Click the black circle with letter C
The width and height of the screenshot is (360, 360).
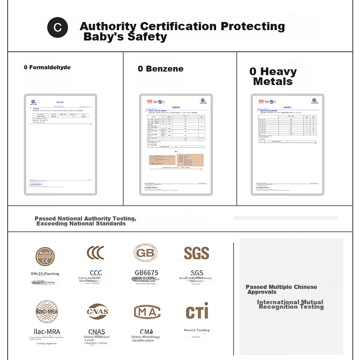pos(58,28)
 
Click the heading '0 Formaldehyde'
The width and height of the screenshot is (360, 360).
pos(47,67)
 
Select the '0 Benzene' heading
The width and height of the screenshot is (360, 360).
pos(161,69)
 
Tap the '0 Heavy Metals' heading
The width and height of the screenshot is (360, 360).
pos(273,76)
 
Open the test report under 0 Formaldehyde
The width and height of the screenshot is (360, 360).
pos(60,144)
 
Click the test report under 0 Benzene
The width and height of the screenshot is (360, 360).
pos(176,144)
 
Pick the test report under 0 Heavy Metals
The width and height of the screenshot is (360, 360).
pos(288,144)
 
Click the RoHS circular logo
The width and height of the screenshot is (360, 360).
pos(45,256)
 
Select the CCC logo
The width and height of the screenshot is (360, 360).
pos(95,253)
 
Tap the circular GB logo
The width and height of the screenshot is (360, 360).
pos(145,253)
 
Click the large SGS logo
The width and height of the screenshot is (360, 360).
pos(197,253)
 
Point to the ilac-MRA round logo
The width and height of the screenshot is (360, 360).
pos(47,311)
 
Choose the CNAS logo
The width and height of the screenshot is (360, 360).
pos(98,311)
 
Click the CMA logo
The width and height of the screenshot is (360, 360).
pos(147,311)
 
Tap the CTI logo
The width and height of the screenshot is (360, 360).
pos(197,311)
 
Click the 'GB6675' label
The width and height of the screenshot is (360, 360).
pos(147,273)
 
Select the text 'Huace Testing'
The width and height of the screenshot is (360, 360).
pos(197,330)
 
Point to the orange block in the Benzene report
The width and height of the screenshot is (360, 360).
pos(176,160)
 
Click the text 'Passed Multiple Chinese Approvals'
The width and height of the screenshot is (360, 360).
pos(281,289)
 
